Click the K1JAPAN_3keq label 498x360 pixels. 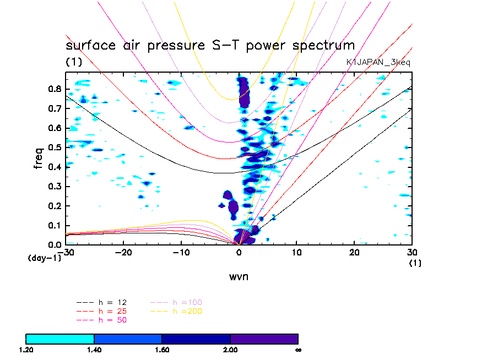378,63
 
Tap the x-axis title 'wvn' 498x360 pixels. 239,276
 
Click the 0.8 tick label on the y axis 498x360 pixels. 53,89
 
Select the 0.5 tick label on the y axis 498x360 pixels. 53,148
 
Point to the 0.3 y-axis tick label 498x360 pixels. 53,187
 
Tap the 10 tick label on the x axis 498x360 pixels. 297,252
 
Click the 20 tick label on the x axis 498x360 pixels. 355,252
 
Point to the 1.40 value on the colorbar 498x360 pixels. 94,349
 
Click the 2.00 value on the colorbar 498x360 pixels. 230,349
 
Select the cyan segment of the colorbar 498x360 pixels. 60,338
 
